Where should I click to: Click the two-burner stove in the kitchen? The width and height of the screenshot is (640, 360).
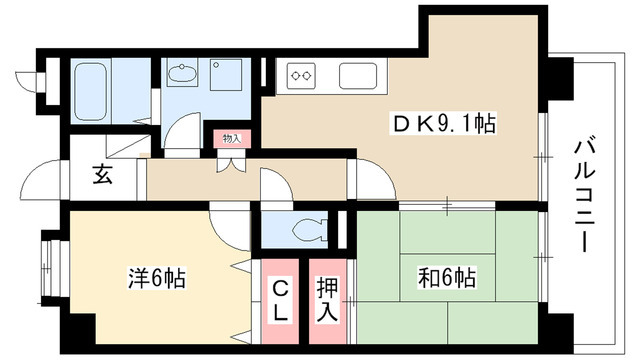[x=303, y=74]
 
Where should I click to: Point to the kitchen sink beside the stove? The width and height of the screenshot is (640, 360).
[x=358, y=74]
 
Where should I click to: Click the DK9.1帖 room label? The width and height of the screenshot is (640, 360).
[x=443, y=125]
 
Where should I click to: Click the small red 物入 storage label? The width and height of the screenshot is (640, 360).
[x=231, y=137]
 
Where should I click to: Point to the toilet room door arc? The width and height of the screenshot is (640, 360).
[x=273, y=185]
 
